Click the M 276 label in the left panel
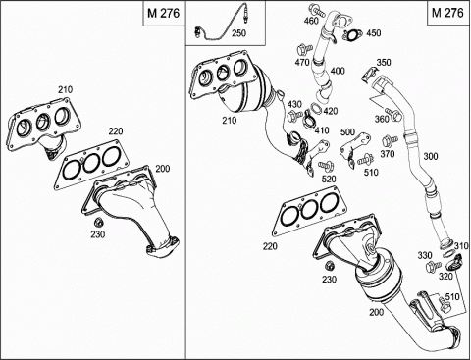pyautogui.click(x=163, y=13)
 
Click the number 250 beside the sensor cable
pyautogui.click(x=238, y=33)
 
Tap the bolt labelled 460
pyautogui.click(x=318, y=11)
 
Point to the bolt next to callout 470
pyautogui.click(x=303, y=50)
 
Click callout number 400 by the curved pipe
pyautogui.click(x=338, y=71)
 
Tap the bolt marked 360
pyautogui.click(x=393, y=114)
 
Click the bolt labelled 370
pyautogui.click(x=390, y=141)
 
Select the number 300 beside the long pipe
pyautogui.click(x=431, y=156)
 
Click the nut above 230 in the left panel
pyautogui.click(x=98, y=223)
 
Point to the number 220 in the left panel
pyautogui.click(x=116, y=131)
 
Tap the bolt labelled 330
pyautogui.click(x=432, y=267)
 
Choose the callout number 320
pyautogui.click(x=445, y=277)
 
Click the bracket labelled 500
pyautogui.click(x=354, y=149)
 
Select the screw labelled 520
pyautogui.click(x=326, y=166)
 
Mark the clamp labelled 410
pyautogui.click(x=309, y=120)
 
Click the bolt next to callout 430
pyautogui.click(x=294, y=115)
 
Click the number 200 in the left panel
pyautogui.click(x=163, y=169)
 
